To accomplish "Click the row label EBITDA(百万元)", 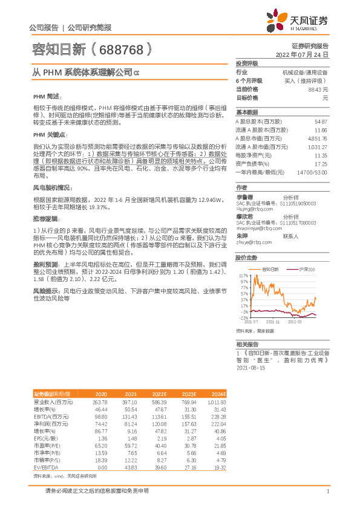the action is coord(51,417).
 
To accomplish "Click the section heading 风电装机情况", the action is coord(53,188).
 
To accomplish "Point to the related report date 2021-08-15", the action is coord(250,367).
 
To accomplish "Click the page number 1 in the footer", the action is coord(327,491).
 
